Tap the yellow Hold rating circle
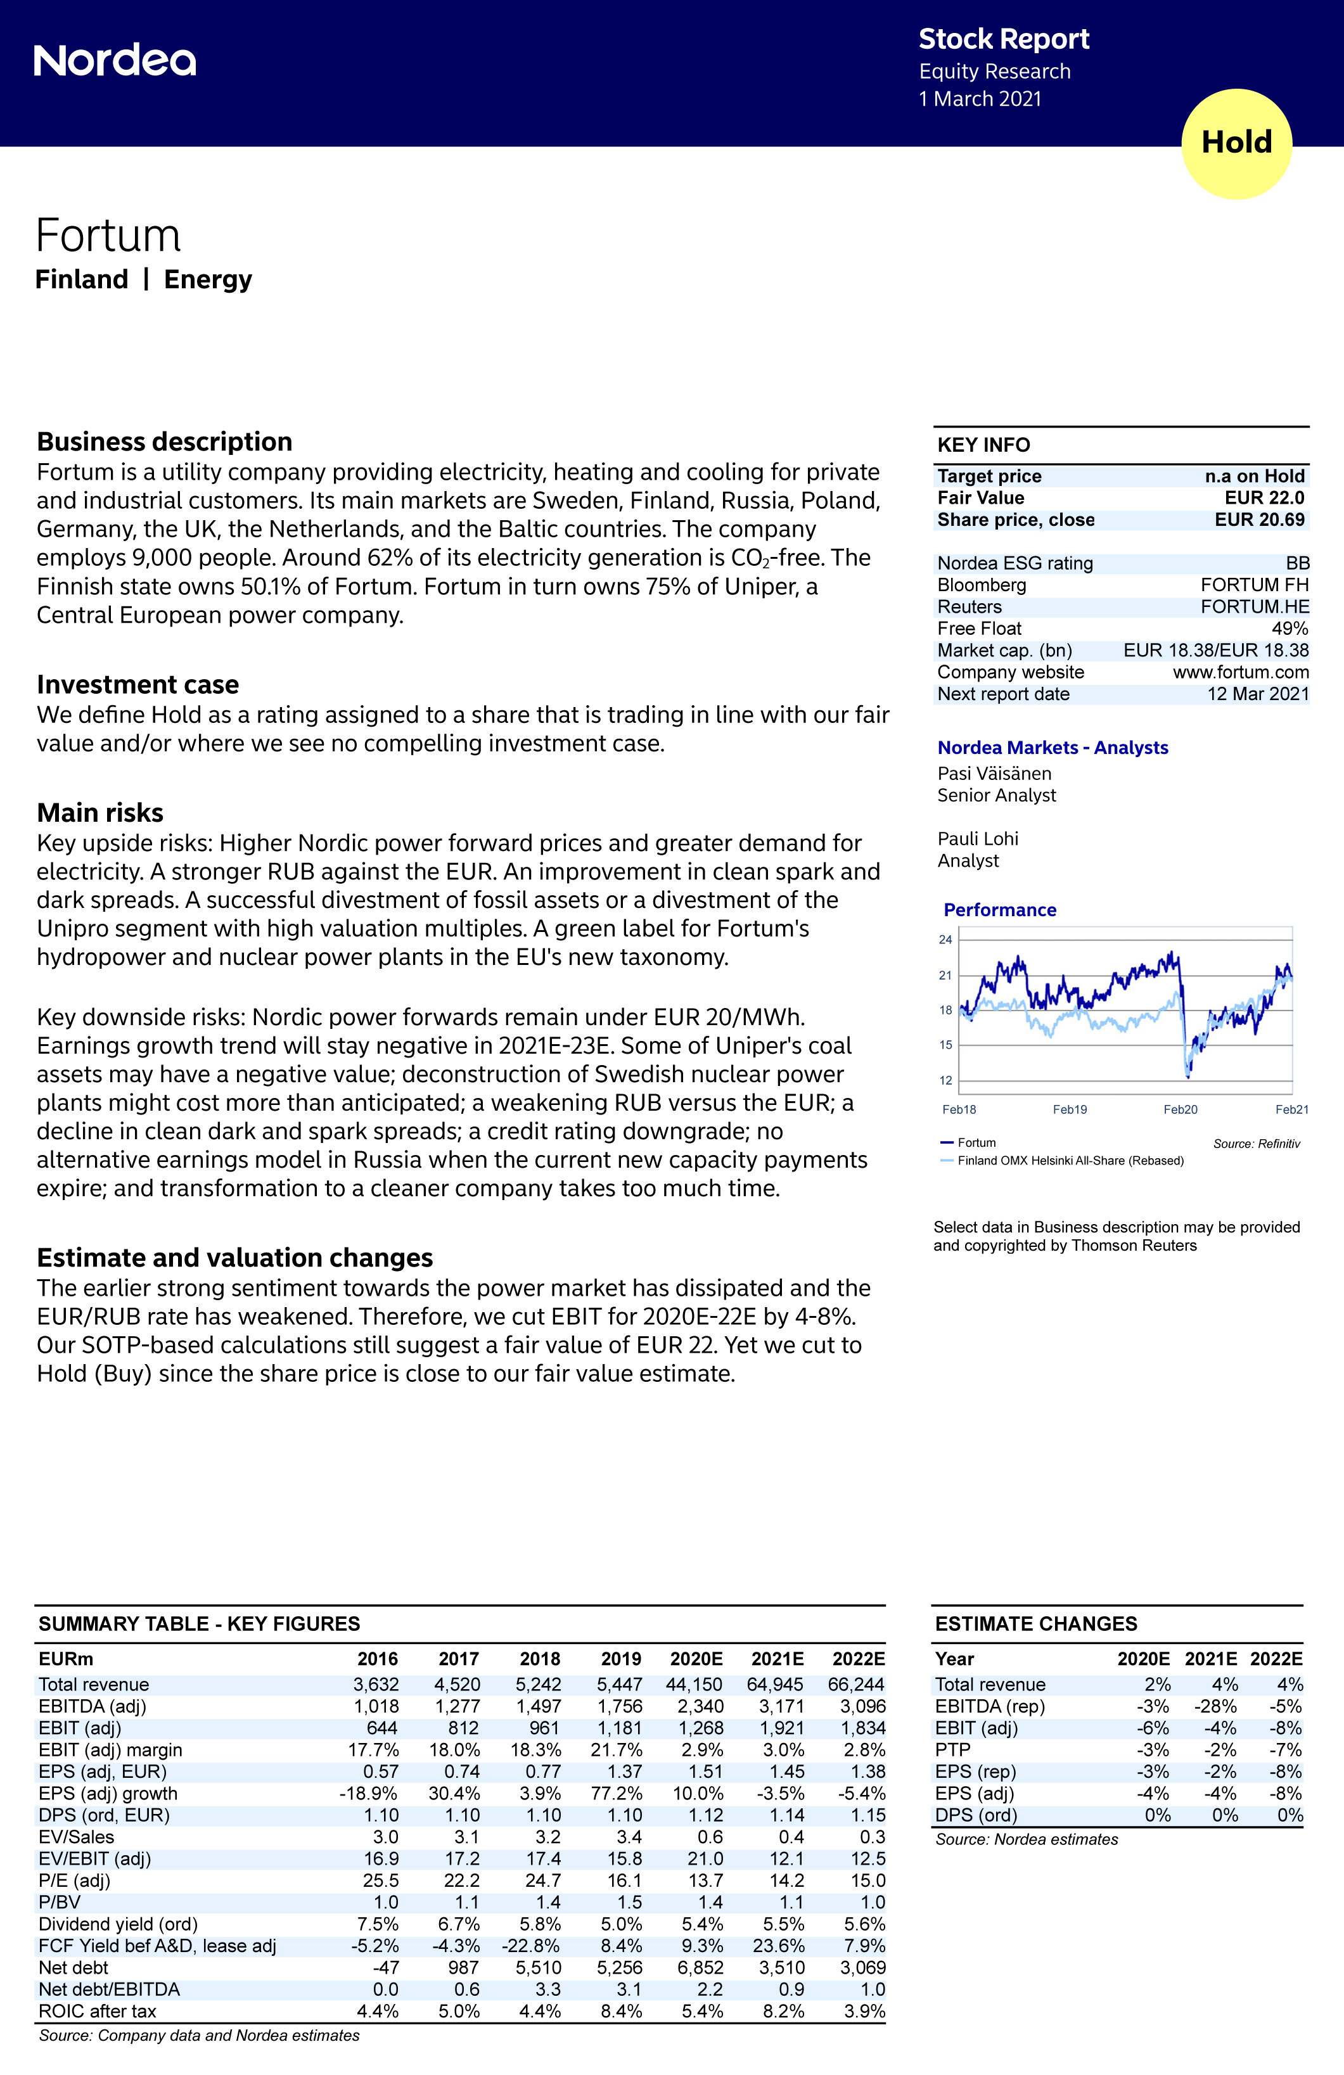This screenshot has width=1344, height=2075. click(1236, 143)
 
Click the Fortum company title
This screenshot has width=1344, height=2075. click(108, 236)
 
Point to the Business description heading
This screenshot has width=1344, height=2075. click(164, 442)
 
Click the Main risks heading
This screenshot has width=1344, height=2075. click(99, 812)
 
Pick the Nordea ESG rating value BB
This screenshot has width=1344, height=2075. click(1297, 563)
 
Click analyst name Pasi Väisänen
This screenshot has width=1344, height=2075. click(994, 774)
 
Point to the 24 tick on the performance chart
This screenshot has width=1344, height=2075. click(945, 940)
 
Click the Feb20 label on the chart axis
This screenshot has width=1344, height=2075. click(1180, 1110)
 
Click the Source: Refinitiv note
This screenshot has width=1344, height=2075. click(1256, 1144)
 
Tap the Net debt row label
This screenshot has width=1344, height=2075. click(74, 1968)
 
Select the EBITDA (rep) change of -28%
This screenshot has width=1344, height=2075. click(1215, 1706)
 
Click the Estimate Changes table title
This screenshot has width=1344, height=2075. click(1035, 1623)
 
